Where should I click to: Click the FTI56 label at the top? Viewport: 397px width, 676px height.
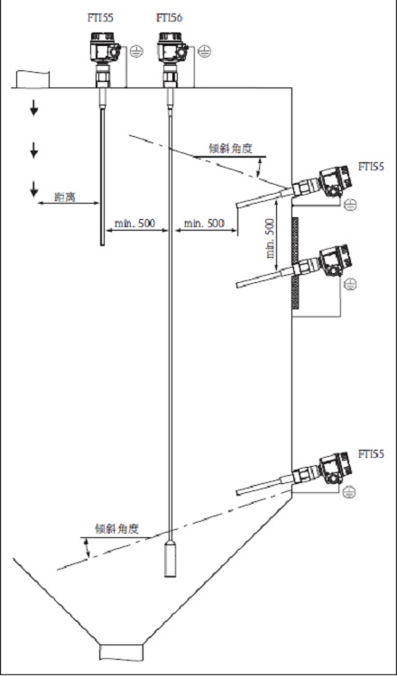(169, 18)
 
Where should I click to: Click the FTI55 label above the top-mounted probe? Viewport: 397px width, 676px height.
(101, 18)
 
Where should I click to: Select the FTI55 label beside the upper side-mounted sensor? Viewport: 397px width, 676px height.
(371, 167)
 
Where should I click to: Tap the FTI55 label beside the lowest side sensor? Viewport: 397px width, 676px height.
(371, 453)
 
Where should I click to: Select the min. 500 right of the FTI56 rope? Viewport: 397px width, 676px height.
(203, 222)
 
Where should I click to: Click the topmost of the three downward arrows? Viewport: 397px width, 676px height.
(34, 110)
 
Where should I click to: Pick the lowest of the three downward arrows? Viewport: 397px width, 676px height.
(34, 188)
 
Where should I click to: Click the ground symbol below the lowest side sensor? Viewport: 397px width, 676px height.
(349, 491)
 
